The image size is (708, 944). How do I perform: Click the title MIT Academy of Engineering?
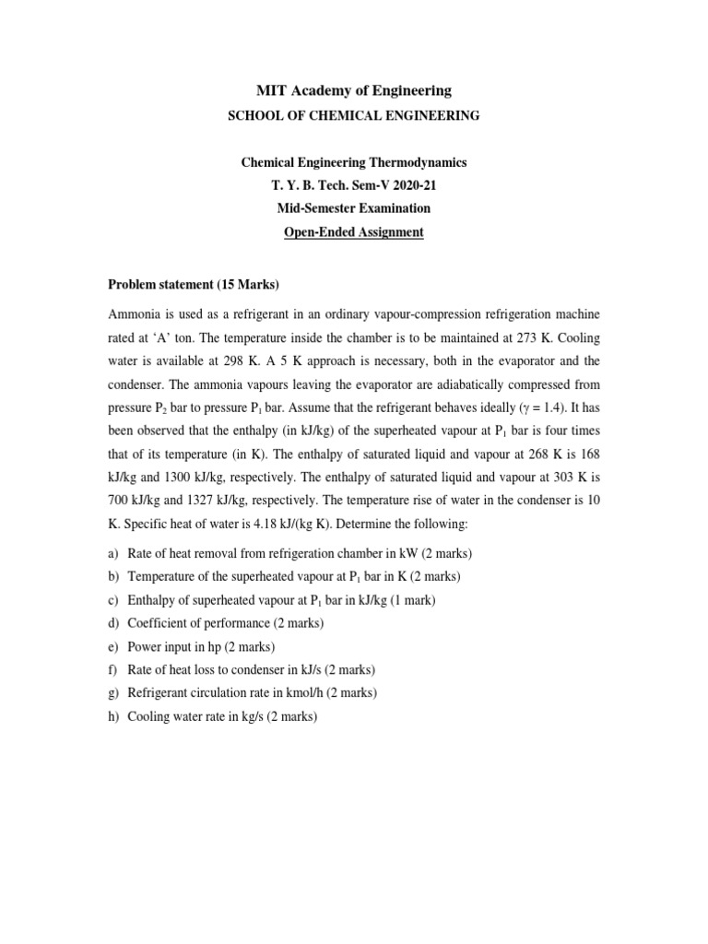353,90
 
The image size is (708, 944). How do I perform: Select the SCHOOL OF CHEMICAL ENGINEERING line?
353,115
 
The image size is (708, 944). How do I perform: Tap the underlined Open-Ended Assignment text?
353,232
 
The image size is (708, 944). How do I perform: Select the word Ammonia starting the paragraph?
135,314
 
